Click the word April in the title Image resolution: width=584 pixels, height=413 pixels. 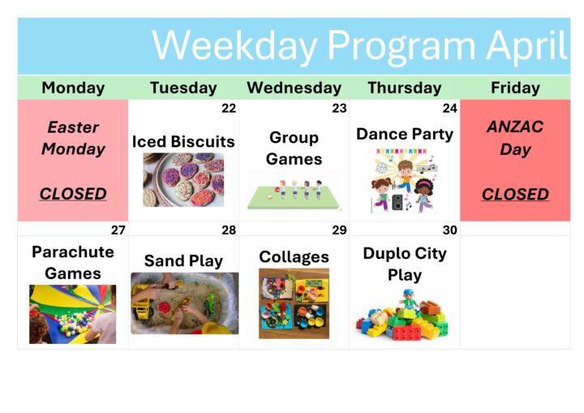[526, 46]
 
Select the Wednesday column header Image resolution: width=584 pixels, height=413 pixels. [294, 88]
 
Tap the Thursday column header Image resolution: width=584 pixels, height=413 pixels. [405, 88]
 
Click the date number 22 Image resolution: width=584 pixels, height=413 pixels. [229, 108]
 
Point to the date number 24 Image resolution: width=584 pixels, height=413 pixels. [450, 108]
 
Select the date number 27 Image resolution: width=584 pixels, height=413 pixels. [118, 230]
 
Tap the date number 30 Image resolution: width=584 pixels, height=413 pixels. [450, 230]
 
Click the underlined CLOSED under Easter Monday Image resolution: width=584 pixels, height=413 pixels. [73, 194]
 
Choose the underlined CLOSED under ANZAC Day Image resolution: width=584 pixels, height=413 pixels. [515, 194]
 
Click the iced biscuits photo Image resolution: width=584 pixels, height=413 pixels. [183, 179]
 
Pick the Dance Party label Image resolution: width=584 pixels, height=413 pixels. [405, 135]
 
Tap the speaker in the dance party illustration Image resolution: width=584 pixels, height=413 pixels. [397, 202]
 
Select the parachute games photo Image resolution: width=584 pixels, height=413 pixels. [73, 314]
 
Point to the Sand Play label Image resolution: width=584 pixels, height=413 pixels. [183, 261]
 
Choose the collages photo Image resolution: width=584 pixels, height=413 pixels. [294, 303]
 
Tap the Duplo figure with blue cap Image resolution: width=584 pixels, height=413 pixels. [409, 300]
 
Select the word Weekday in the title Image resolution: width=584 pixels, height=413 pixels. [235, 46]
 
